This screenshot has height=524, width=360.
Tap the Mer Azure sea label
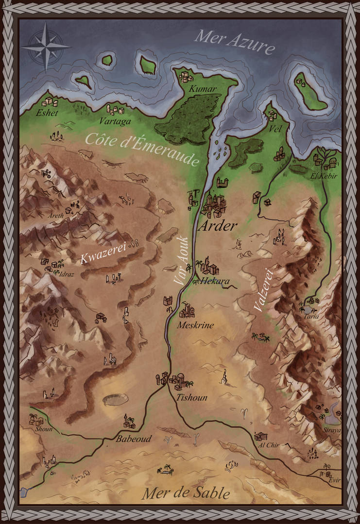[235, 42]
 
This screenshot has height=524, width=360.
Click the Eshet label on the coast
[47, 113]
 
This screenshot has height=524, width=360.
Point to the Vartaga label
[115, 121]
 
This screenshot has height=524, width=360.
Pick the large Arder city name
[218, 226]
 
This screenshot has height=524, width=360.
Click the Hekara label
[215, 281]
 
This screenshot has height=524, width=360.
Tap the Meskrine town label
[196, 325]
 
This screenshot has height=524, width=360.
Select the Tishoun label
[191, 398]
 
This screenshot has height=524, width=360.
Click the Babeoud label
[134, 439]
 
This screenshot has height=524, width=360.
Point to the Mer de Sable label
[186, 494]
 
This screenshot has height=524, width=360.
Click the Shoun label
[43, 429]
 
